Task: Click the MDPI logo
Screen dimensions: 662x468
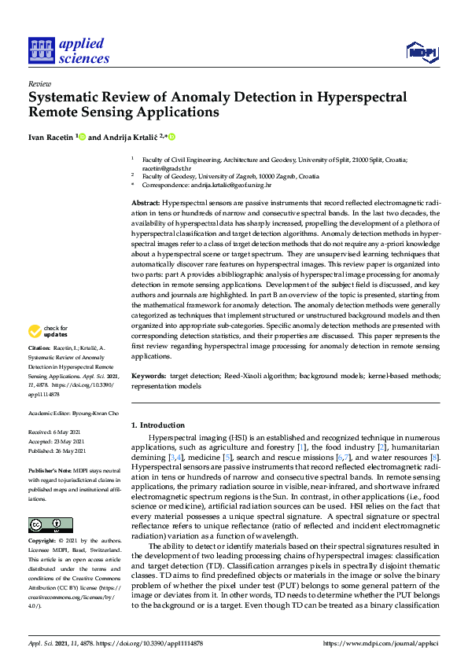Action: pyautogui.click(x=421, y=53)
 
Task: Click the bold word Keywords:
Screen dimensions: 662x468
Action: pyautogui.click(x=148, y=377)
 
